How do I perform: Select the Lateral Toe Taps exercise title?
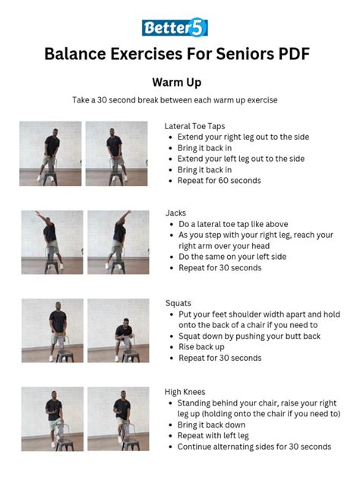click(x=194, y=125)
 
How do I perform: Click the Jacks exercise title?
click(x=175, y=213)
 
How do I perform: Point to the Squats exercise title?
click(x=178, y=302)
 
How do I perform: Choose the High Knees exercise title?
click(x=185, y=391)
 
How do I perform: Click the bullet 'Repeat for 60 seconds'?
click(x=219, y=181)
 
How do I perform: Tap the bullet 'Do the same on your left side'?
click(x=232, y=257)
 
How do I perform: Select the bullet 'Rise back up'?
click(x=201, y=346)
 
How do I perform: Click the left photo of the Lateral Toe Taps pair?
click(x=50, y=153)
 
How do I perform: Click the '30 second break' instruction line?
click(x=175, y=100)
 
